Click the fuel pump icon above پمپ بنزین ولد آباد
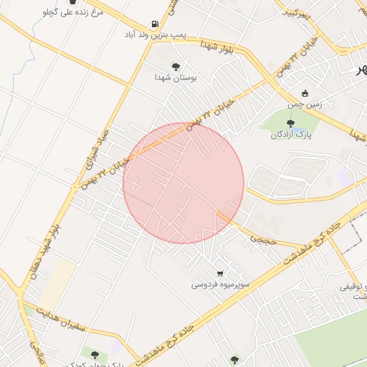pyautogui.click(x=156, y=24)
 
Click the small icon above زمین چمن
pyautogui.click(x=305, y=93)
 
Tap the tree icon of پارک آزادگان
pyautogui.click(x=290, y=124)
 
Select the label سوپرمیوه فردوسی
pyautogui.click(x=220, y=285)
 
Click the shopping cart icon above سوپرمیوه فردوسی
pyautogui.click(x=220, y=273)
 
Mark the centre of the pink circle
pyautogui.click(x=183, y=183)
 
